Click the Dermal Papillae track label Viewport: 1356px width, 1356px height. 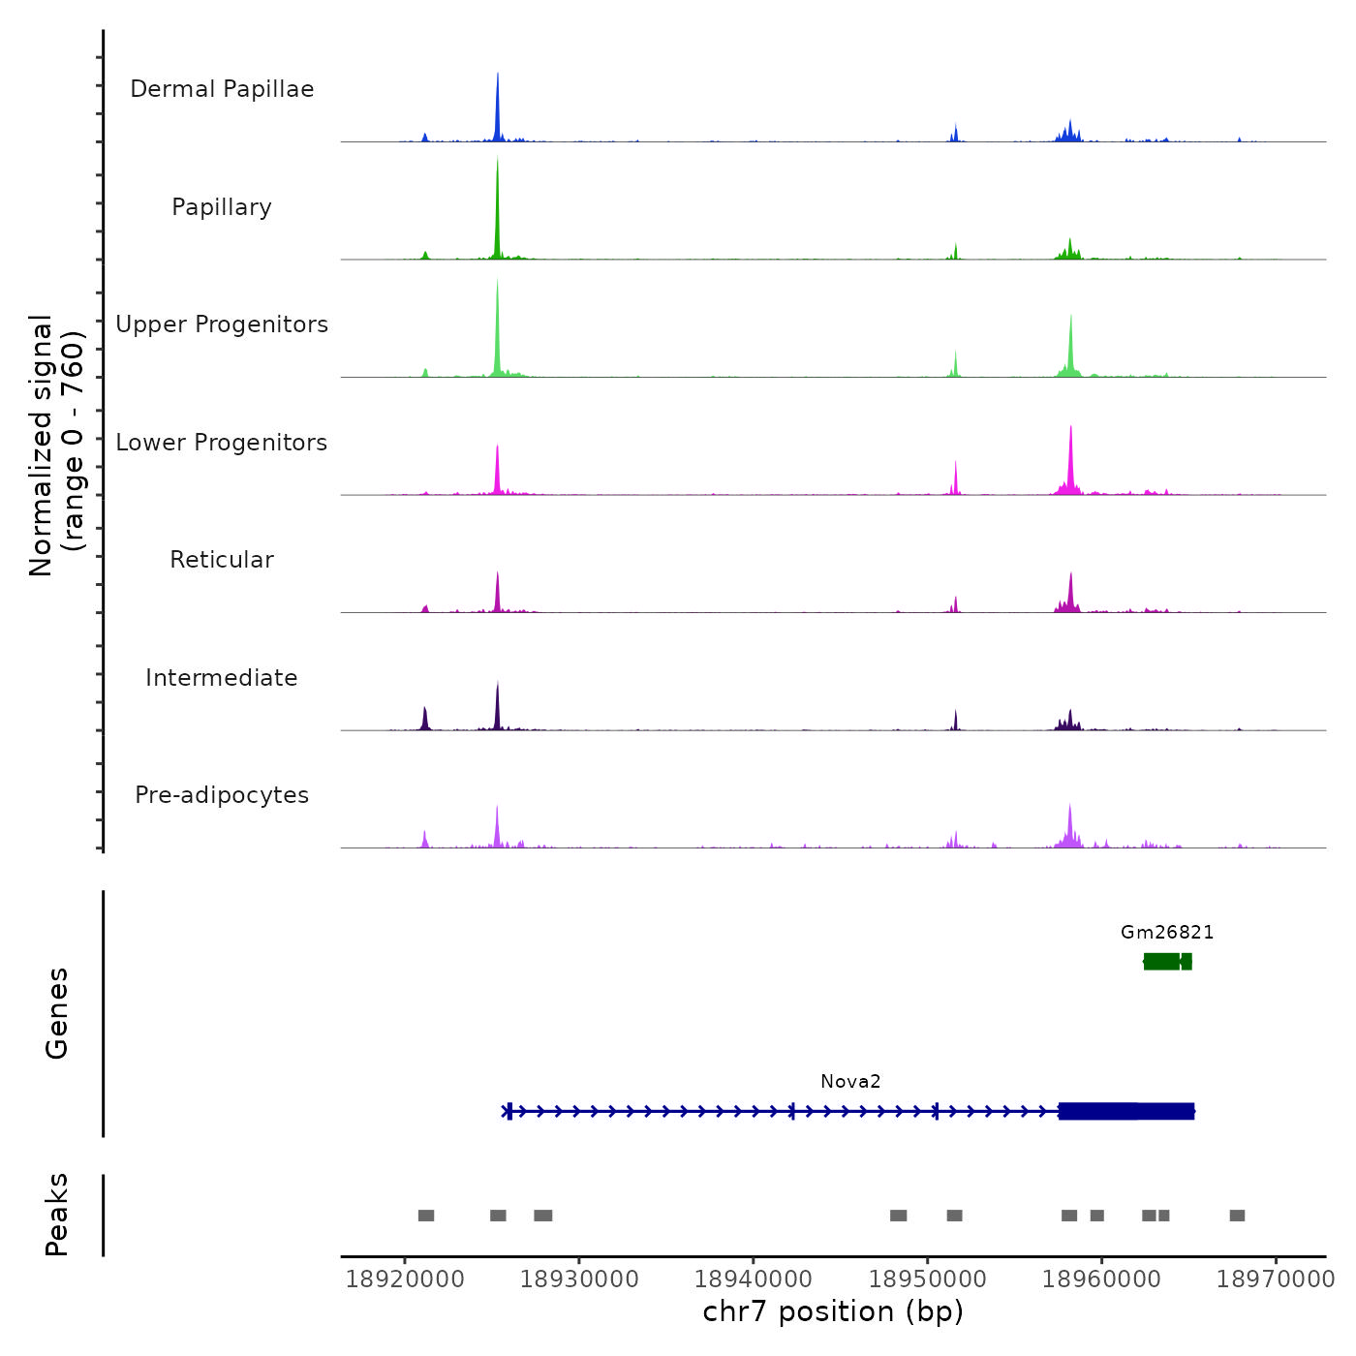(222, 89)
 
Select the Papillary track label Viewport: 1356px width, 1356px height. (222, 207)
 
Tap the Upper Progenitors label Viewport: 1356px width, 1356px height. (222, 324)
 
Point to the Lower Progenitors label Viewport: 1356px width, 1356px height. (222, 443)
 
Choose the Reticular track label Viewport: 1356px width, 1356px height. (222, 560)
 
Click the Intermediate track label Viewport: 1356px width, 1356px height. (222, 678)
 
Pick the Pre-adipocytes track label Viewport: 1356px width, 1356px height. (222, 795)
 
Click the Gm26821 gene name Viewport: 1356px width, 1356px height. (1167, 933)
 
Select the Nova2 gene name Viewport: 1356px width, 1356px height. (850, 1082)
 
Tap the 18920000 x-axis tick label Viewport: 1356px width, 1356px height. (405, 1279)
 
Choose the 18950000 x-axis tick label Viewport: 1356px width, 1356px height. (928, 1279)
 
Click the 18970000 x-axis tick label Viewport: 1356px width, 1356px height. (1276, 1279)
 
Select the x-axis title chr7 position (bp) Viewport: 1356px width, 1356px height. (833, 1312)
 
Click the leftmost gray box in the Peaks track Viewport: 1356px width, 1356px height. (426, 1216)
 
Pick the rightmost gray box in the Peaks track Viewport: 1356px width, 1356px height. (1237, 1216)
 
